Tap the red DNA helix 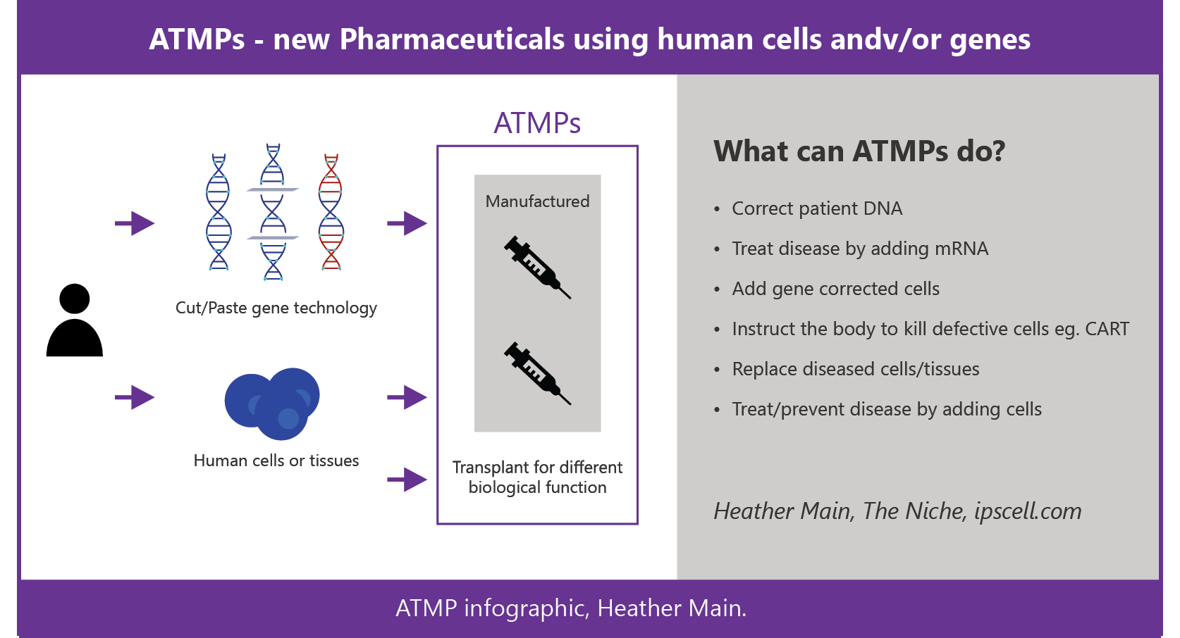pyautogui.click(x=331, y=212)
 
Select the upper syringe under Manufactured pyautogui.click(x=537, y=267)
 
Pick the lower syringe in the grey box pyautogui.click(x=537, y=373)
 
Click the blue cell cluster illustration pyautogui.click(x=272, y=404)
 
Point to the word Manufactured pyautogui.click(x=537, y=201)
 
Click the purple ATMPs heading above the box pyautogui.click(x=537, y=123)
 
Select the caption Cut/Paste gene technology pyautogui.click(x=276, y=308)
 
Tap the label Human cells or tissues pyautogui.click(x=276, y=461)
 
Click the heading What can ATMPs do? pyautogui.click(x=859, y=151)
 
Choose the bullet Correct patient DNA pyautogui.click(x=817, y=208)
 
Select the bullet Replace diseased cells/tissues pyautogui.click(x=856, y=369)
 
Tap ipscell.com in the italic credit pyautogui.click(x=1028, y=511)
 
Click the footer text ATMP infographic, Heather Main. pyautogui.click(x=571, y=608)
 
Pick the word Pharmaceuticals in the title pyautogui.click(x=452, y=39)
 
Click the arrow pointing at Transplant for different pyautogui.click(x=407, y=479)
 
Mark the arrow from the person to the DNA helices pyautogui.click(x=135, y=223)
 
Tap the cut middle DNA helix pyautogui.click(x=273, y=212)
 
